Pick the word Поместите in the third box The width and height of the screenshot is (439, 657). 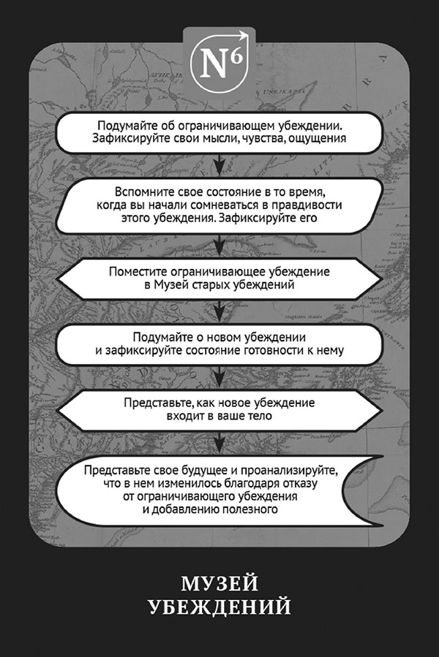click(x=134, y=272)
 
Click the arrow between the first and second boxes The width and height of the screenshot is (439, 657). click(x=217, y=161)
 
